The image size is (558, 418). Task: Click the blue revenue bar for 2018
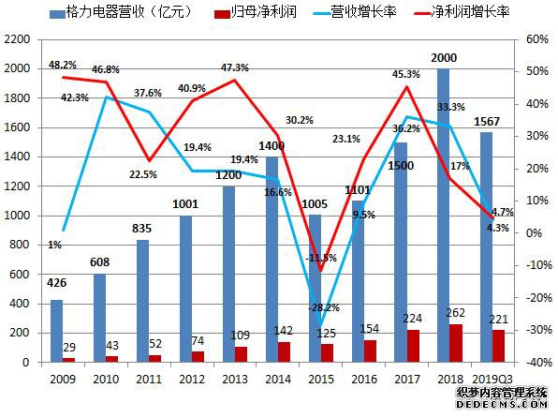(x=442, y=215)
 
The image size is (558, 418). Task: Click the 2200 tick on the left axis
(x=19, y=39)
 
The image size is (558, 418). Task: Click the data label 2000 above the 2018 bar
(x=443, y=57)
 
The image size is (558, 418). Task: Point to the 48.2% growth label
(x=62, y=65)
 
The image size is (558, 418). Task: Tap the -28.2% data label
(x=325, y=306)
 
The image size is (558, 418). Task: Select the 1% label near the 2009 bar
(x=55, y=246)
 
